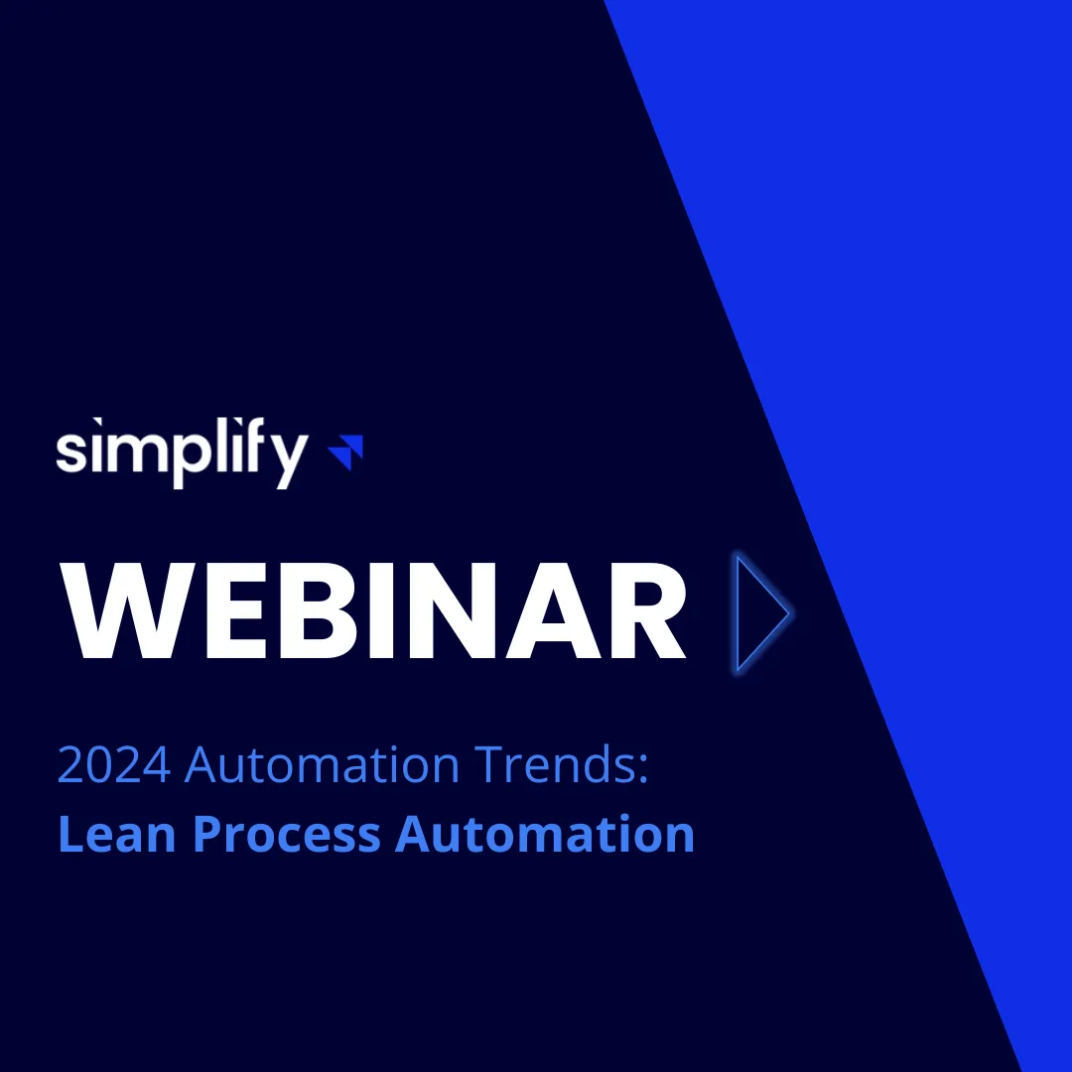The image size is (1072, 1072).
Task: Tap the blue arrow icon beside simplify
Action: tap(346, 452)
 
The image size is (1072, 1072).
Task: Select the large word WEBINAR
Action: tap(375, 612)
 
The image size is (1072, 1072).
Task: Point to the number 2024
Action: tap(114, 765)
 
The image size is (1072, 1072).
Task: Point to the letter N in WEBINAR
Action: tap(440, 612)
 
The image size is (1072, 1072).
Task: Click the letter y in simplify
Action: tap(287, 460)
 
